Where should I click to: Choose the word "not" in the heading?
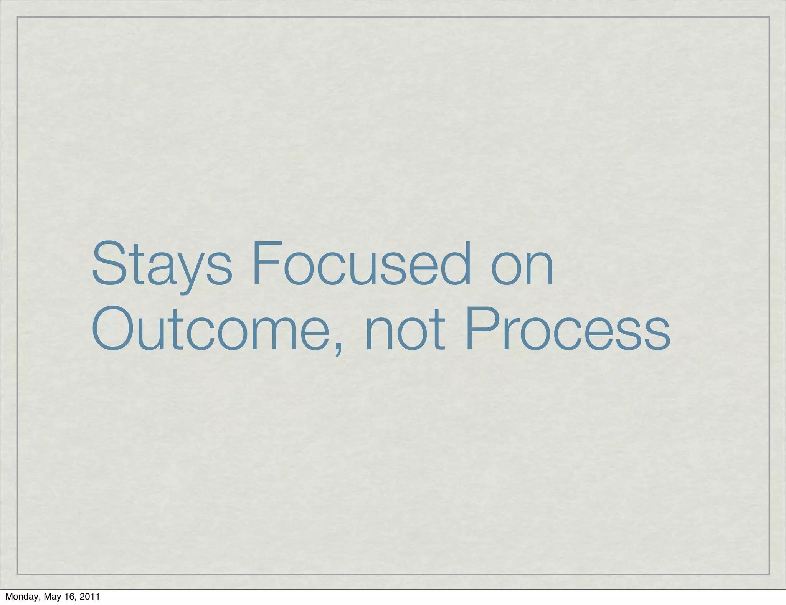(x=405, y=329)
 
